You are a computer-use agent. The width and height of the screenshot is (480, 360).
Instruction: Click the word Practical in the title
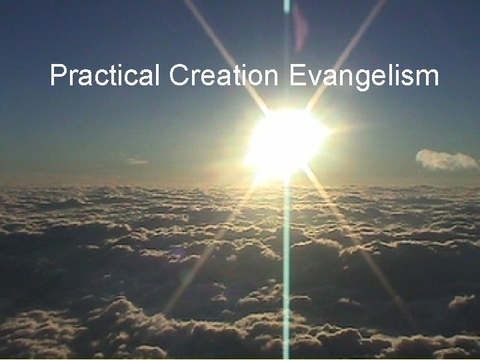(105, 76)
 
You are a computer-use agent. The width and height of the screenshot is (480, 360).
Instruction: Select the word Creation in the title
(222, 76)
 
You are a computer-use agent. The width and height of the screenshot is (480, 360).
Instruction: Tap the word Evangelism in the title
(364, 77)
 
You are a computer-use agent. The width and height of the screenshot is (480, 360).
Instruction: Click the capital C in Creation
(178, 76)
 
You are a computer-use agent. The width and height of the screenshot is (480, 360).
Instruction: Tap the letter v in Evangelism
(313, 78)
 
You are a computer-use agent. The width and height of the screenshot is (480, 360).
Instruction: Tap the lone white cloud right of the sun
(445, 159)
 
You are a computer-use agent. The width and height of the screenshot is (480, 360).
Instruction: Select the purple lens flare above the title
(301, 27)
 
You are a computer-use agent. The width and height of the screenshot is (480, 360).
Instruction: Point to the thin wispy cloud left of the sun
(135, 161)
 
